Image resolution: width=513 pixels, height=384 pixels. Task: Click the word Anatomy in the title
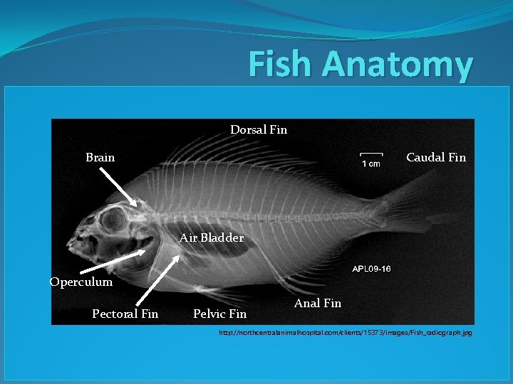[x=396, y=65]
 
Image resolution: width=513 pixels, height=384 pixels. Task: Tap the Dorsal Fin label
[x=259, y=129]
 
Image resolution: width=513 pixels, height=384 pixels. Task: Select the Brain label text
[x=100, y=157]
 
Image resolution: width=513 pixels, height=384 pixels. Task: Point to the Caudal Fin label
[x=435, y=157]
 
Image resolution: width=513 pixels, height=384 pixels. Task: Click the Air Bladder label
[x=212, y=238]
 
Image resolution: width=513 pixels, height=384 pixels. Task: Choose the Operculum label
[x=81, y=282]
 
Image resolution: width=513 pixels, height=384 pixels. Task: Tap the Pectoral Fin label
[x=125, y=314]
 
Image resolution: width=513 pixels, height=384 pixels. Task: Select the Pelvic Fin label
[x=219, y=314]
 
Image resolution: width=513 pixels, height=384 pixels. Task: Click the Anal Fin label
[x=317, y=303]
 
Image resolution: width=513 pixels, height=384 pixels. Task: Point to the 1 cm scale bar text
[x=370, y=164]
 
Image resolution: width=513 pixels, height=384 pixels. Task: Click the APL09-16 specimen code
[x=371, y=269]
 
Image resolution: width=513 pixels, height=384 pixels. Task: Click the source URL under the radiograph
[x=345, y=332]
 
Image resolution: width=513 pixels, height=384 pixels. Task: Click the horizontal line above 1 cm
[x=370, y=154]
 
